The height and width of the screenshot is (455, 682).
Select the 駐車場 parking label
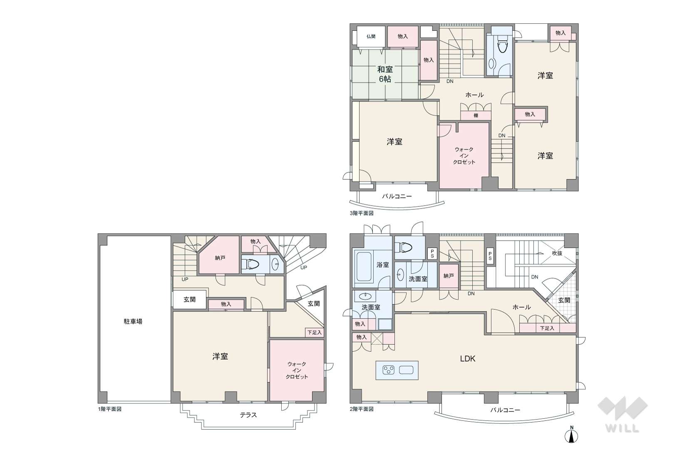point(133,321)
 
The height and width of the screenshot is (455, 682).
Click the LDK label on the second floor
point(468,358)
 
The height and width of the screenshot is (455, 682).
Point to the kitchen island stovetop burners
point(388,370)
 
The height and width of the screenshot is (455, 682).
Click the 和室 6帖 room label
point(385,74)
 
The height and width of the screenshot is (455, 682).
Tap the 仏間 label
point(371,37)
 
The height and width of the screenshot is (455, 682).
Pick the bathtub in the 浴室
point(364,266)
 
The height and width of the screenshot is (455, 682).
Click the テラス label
point(248,415)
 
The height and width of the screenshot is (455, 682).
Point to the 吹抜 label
point(557,253)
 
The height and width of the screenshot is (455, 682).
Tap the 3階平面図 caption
point(362,213)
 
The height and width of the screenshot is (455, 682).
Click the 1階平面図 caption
point(109,409)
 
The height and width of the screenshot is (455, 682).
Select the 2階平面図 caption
point(362,409)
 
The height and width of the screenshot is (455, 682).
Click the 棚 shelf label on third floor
point(476,116)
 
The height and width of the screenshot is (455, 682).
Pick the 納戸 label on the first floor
point(220,258)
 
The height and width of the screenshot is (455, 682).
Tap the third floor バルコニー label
point(397,196)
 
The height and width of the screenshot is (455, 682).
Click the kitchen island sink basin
point(406,370)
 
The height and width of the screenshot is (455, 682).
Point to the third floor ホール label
point(474,95)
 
